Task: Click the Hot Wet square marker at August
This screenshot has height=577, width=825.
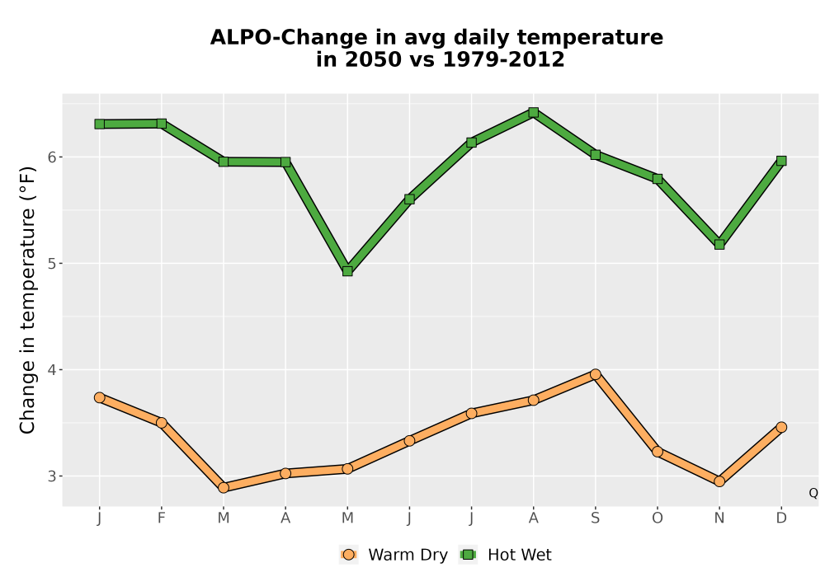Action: click(x=533, y=112)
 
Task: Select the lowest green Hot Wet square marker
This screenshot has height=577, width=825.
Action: click(x=347, y=271)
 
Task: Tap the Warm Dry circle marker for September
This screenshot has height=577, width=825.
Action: click(x=595, y=374)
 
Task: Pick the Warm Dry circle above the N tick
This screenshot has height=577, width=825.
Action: click(x=719, y=481)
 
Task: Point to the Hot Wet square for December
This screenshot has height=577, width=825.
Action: click(x=781, y=161)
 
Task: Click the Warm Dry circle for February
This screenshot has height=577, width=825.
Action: click(x=162, y=423)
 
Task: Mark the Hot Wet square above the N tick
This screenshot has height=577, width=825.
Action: click(x=719, y=244)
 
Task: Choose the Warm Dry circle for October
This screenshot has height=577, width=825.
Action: click(x=658, y=452)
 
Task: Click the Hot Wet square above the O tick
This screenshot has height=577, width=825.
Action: click(x=658, y=179)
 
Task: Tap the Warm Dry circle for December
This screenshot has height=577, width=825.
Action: click(x=781, y=427)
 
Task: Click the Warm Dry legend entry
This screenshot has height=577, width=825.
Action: click(x=394, y=555)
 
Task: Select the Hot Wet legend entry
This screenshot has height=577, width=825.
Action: click(x=506, y=555)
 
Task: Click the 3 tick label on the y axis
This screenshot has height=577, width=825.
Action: click(x=52, y=476)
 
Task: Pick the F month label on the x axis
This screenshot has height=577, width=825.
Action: click(x=162, y=518)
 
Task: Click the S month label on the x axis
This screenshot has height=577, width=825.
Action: click(x=595, y=518)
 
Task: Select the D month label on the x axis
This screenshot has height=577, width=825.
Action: click(x=781, y=518)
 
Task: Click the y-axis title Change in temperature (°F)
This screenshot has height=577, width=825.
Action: click(x=27, y=300)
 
